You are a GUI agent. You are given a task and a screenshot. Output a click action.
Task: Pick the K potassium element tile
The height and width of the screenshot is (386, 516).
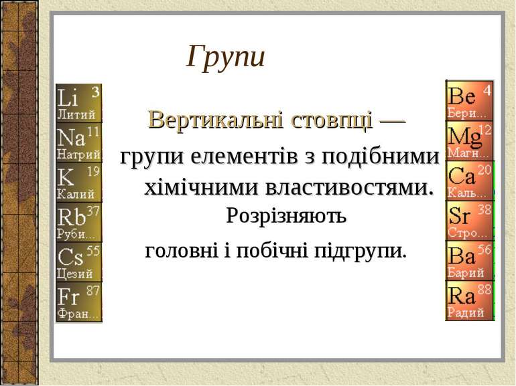click(79, 182)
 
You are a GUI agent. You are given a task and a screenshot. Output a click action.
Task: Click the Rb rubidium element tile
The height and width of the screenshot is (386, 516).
click(79, 222)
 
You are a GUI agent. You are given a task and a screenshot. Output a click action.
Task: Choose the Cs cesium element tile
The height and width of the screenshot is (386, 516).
click(79, 262)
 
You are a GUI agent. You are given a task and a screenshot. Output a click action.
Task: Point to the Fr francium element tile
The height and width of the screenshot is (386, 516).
click(79, 302)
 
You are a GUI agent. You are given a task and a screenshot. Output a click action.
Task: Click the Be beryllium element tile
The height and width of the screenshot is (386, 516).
click(469, 100)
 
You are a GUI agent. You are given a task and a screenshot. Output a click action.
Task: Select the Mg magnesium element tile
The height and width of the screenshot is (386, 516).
click(469, 140)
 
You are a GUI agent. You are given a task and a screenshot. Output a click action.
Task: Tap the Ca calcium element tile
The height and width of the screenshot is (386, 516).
click(469, 181)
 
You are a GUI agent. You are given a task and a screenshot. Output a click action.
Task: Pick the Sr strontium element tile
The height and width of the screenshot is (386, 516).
click(469, 221)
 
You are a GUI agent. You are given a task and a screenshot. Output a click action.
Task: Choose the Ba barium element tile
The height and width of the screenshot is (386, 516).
click(469, 261)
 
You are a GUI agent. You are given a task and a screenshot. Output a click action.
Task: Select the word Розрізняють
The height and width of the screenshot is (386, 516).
click(286, 216)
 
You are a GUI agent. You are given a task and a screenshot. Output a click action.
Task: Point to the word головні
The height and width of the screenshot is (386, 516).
click(176, 252)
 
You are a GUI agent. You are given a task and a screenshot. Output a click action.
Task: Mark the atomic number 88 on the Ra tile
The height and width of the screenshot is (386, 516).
click(485, 290)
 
